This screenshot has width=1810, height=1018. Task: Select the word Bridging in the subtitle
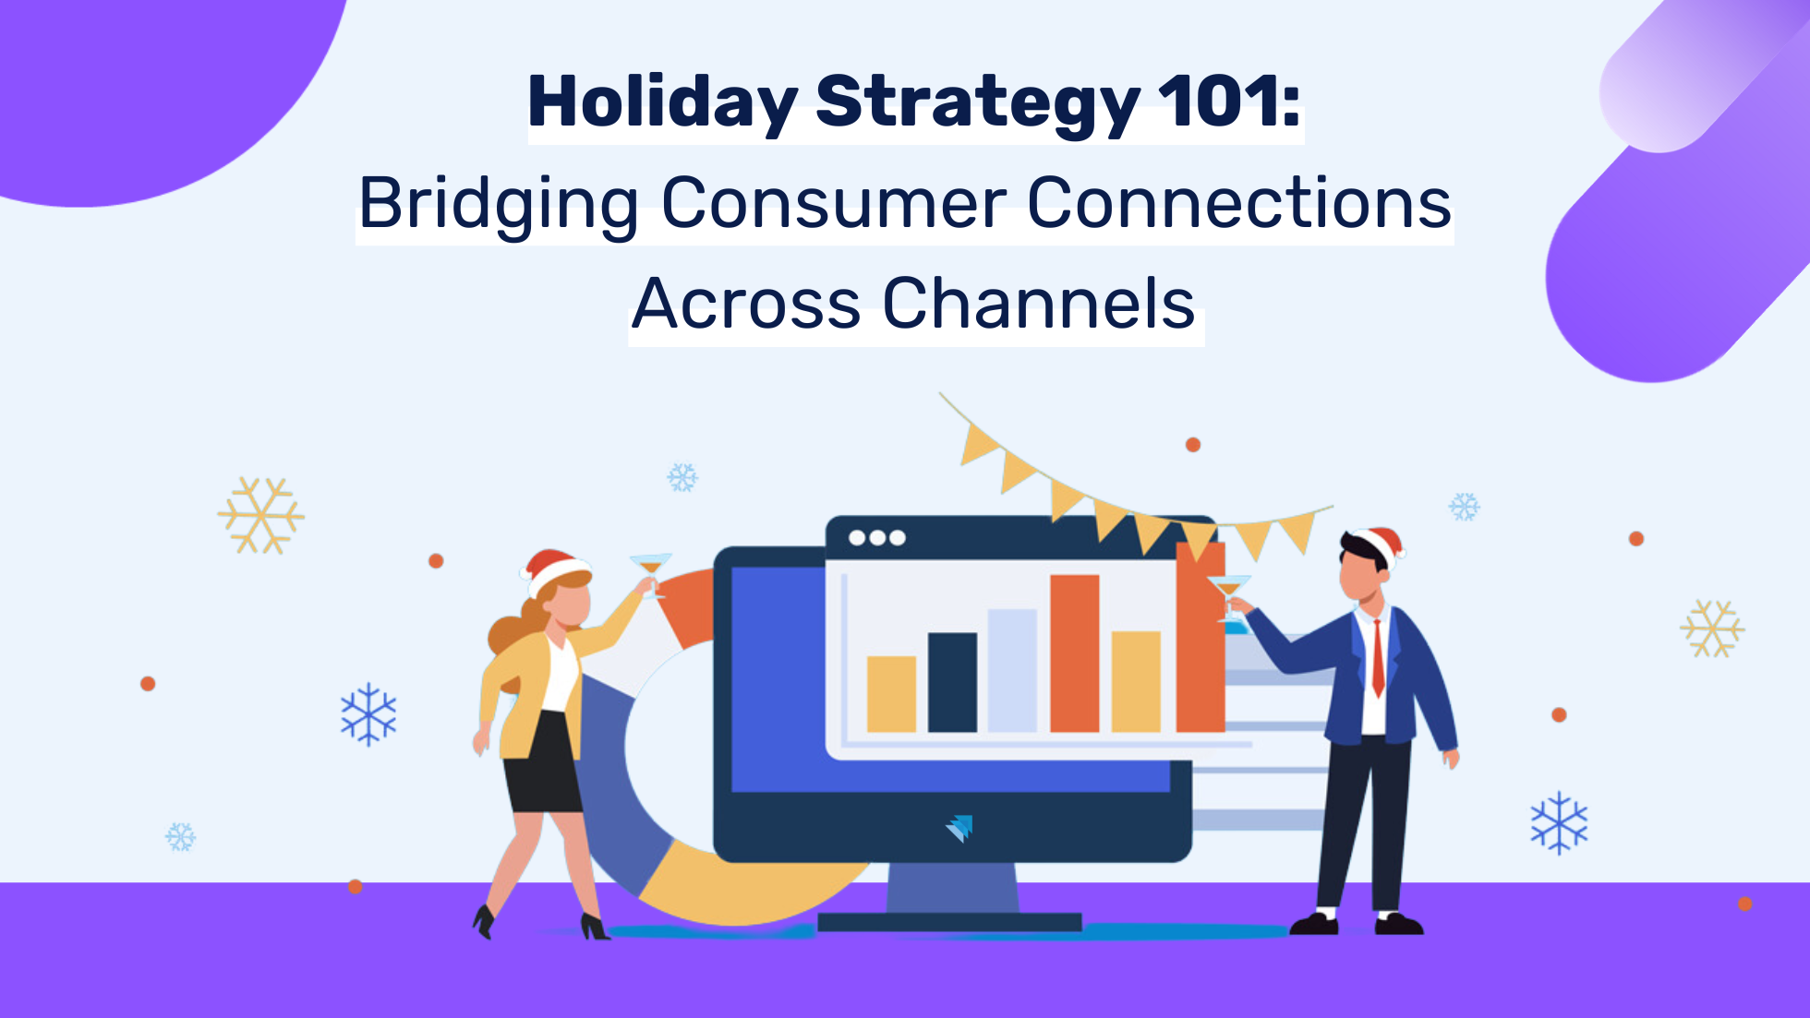tap(498, 204)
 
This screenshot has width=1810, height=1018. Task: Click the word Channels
tap(1038, 304)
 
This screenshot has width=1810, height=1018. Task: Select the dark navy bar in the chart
tap(952, 682)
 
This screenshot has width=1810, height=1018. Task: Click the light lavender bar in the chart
tap(1012, 670)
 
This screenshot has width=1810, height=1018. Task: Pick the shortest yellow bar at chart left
tap(891, 694)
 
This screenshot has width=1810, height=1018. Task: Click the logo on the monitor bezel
tap(959, 827)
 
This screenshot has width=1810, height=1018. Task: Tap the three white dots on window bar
tap(876, 538)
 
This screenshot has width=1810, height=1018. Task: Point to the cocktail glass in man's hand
tap(1229, 591)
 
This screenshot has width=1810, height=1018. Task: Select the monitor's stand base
tap(949, 921)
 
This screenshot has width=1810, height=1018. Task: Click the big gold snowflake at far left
tap(261, 515)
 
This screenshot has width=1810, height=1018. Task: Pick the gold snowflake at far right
tap(1711, 629)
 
